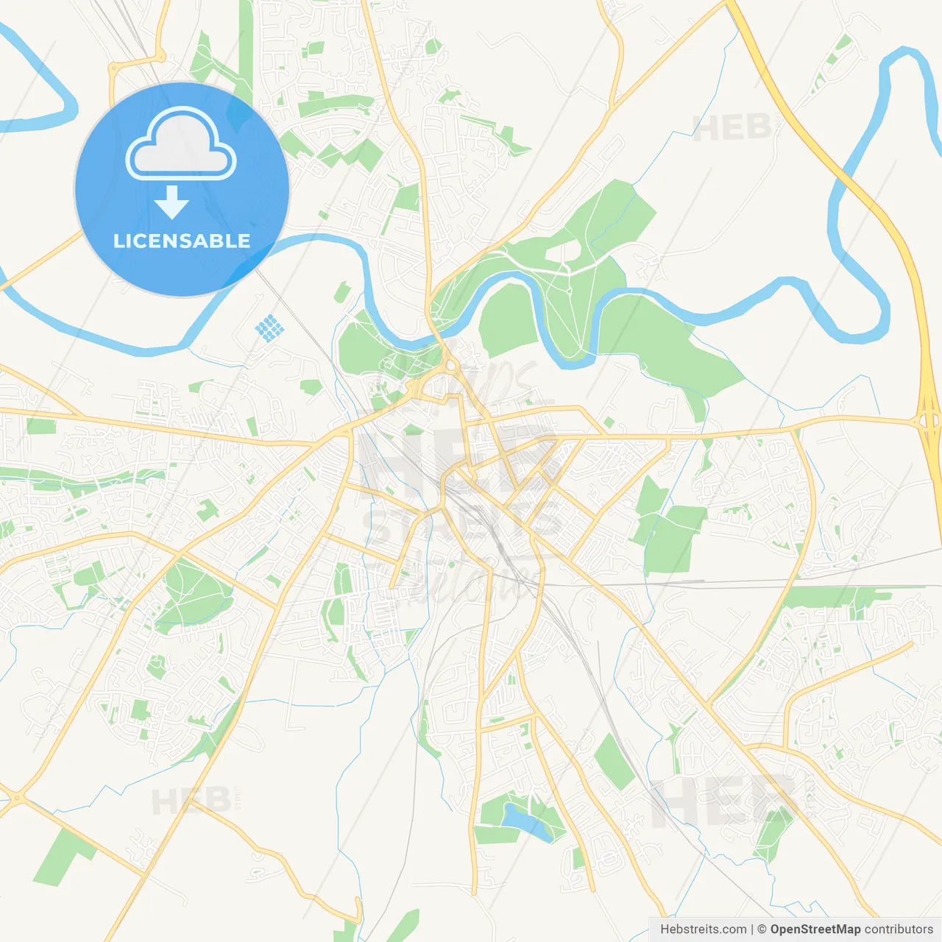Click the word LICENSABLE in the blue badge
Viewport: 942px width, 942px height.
[x=182, y=241]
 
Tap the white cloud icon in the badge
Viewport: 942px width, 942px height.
[x=181, y=144]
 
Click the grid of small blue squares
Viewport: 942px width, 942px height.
[x=269, y=327]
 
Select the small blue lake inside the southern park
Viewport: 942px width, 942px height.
[x=525, y=821]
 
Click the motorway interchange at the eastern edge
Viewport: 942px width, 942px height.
[x=927, y=421]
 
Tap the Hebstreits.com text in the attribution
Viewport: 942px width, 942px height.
[x=703, y=929]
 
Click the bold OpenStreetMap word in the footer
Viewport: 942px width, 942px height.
[x=815, y=929]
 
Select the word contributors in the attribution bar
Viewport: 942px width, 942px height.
[x=899, y=929]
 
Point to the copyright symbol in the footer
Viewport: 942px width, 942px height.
[x=762, y=929]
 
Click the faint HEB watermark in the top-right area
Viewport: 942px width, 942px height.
[x=732, y=129]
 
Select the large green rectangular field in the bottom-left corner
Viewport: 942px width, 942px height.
[x=62, y=857]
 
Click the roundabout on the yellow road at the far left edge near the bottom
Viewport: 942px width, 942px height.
[x=16, y=797]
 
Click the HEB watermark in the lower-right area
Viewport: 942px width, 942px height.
[x=725, y=802]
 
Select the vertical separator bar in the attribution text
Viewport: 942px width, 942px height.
[x=752, y=929]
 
